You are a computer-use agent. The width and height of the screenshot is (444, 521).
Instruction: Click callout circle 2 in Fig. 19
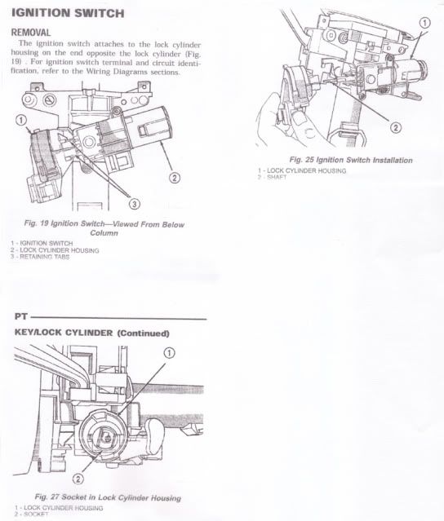(174, 177)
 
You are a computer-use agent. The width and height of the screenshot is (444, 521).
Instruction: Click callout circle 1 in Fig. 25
(424, 23)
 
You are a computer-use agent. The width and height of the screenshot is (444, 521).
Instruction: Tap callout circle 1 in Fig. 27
(170, 353)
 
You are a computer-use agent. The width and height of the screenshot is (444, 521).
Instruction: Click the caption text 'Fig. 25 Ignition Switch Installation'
(351, 160)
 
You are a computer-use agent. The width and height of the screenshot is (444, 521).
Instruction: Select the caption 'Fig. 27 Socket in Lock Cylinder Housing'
(108, 497)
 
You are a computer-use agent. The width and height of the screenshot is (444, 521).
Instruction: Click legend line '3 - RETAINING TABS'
(41, 258)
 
